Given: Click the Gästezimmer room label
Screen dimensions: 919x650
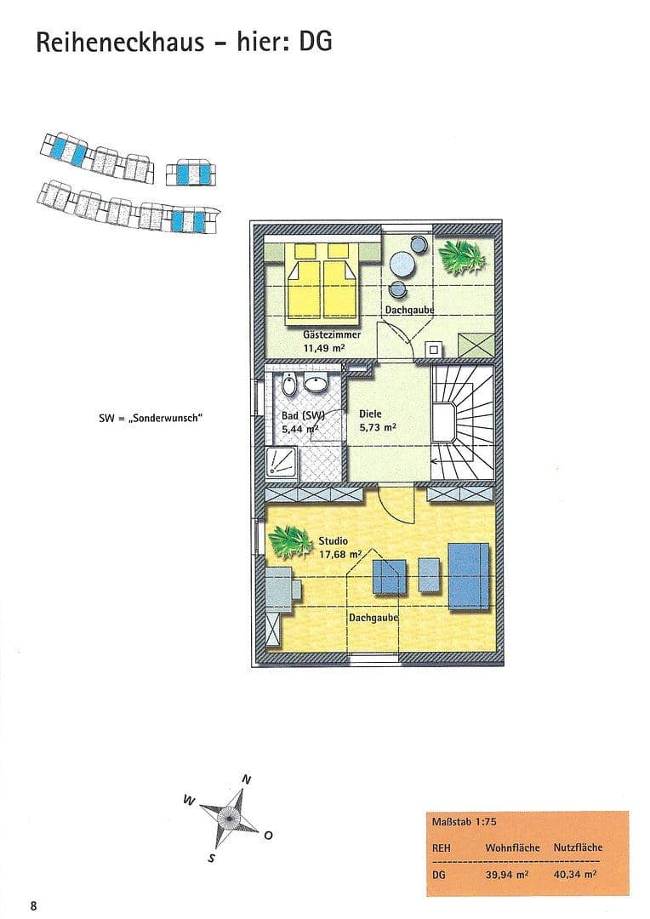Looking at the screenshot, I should coord(332,334).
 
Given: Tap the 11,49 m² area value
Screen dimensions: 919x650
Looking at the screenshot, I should coord(327,347).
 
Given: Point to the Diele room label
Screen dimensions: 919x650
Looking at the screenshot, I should coord(370,414).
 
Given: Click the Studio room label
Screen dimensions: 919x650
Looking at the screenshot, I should coord(334,540).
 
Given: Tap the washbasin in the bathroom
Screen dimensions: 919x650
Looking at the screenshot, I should coord(317,385).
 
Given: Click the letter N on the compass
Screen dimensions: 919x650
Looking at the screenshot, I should coord(248,779).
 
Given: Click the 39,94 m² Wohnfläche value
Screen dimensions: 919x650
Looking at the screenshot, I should coord(508,874).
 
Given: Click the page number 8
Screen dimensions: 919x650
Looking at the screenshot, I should coord(33,905).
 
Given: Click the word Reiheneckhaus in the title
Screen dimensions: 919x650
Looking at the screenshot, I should coord(120,42).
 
